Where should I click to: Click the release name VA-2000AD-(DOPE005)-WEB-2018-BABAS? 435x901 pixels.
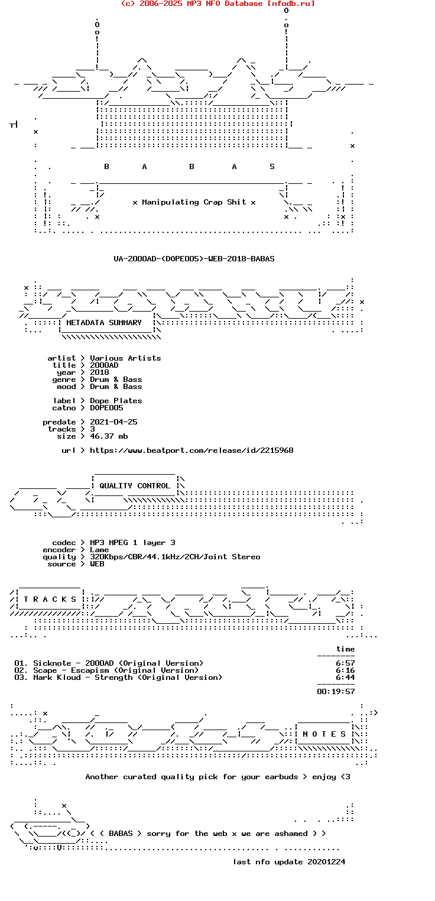[194, 258]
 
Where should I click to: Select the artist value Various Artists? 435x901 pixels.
[125, 358]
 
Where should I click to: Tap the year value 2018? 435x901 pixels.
[99, 372]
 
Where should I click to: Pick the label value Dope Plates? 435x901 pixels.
[116, 400]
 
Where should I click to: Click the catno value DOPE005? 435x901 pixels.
[106, 407]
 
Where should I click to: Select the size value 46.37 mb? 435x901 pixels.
[109, 436]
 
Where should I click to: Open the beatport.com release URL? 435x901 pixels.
[191, 450]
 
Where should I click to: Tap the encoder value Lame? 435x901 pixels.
[99, 549]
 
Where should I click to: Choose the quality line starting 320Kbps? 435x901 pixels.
[175, 556]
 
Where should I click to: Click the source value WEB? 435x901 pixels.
[97, 563]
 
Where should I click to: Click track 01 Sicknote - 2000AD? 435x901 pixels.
[109, 663]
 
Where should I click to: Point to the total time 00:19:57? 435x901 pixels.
[336, 691]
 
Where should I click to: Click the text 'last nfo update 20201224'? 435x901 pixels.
[289, 861]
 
